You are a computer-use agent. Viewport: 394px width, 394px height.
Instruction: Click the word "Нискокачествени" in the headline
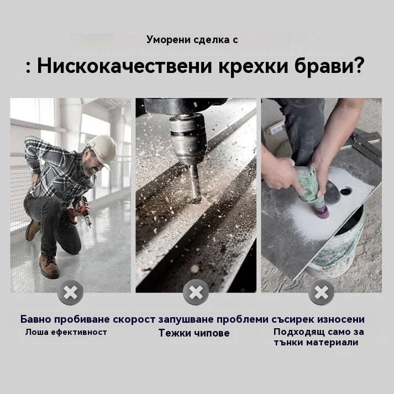(124, 66)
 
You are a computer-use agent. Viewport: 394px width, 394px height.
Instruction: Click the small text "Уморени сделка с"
(192, 39)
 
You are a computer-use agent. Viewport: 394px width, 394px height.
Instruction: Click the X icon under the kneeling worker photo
(70, 292)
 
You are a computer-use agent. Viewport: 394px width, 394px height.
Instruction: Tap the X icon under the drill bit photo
(196, 292)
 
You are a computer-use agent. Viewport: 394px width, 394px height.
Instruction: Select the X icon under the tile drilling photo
(322, 292)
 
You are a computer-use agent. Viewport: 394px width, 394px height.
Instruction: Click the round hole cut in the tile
(345, 192)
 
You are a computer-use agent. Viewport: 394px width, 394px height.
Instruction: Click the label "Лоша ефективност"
(66, 332)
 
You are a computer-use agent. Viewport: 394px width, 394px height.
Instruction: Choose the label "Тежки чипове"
(194, 333)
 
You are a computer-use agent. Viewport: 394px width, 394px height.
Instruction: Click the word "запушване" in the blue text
(185, 319)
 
